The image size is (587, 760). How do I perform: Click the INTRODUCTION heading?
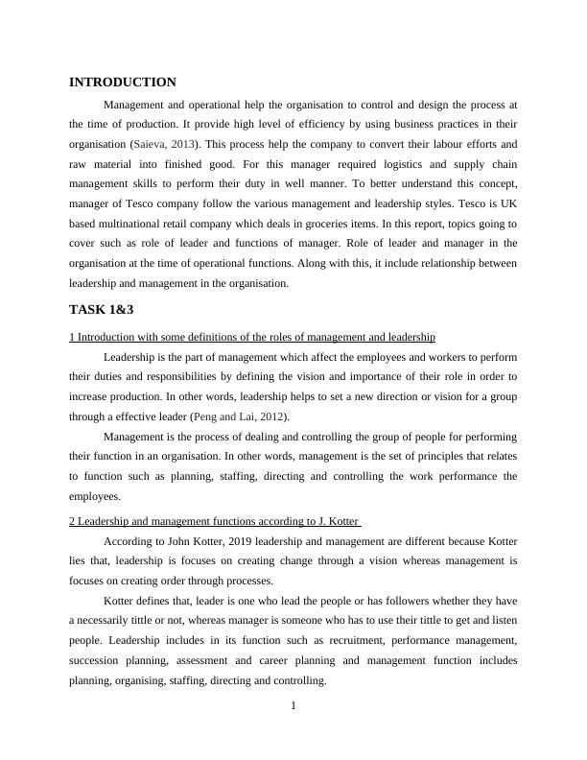click(x=123, y=83)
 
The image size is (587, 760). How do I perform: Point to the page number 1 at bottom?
click(x=293, y=707)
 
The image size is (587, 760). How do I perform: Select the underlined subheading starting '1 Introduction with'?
click(x=252, y=337)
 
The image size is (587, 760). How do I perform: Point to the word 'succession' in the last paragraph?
click(x=99, y=661)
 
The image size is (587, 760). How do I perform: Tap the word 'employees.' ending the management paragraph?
click(x=95, y=497)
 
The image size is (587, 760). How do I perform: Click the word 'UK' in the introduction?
click(x=508, y=204)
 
